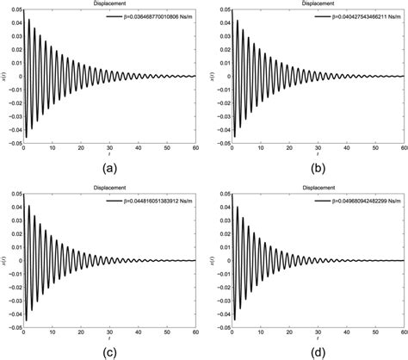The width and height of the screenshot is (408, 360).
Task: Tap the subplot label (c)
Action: [110, 351]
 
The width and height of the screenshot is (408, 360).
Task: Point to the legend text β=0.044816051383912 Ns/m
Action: [153, 201]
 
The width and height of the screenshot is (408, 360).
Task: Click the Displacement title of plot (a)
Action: [110, 4]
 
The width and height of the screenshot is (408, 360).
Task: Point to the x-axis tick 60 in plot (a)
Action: [195, 146]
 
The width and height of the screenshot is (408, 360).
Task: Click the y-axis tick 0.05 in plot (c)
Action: [15, 195]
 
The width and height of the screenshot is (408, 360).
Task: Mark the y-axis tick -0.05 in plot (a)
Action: [15, 141]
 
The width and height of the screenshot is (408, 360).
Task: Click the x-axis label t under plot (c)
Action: [110, 337]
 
